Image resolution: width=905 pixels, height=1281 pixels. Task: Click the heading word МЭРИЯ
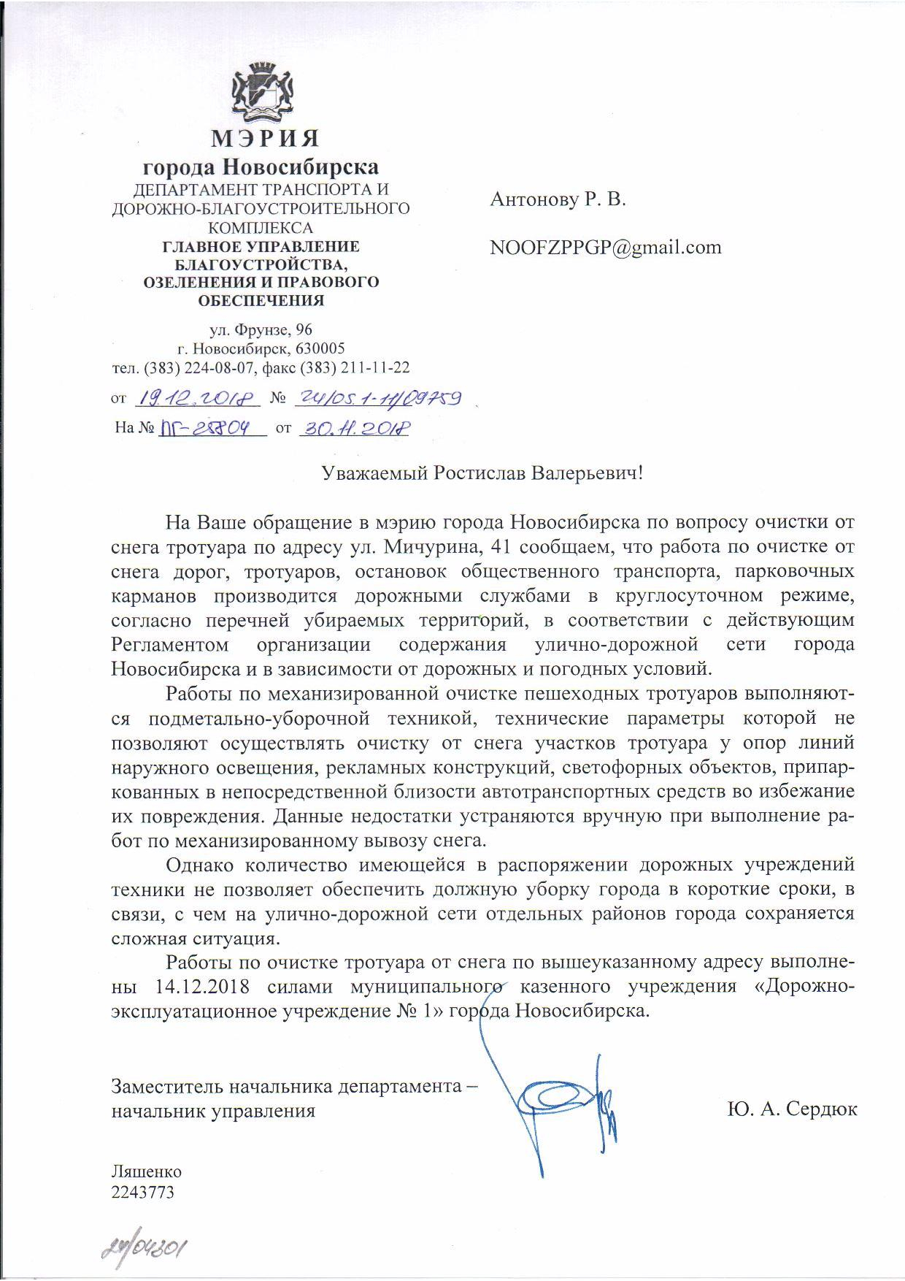(x=261, y=138)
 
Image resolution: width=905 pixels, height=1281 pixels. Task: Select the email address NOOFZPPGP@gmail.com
(x=606, y=247)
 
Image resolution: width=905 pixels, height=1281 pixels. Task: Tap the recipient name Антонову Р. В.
(x=558, y=199)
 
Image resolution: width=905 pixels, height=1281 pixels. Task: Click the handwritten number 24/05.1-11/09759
(x=376, y=398)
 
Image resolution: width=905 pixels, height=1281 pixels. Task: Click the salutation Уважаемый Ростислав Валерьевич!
(x=484, y=473)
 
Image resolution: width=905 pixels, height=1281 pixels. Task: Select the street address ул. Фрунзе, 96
(x=261, y=331)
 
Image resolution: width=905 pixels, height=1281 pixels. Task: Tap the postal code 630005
(x=320, y=348)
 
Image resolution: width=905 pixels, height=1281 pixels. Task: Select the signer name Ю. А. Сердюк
(x=792, y=1110)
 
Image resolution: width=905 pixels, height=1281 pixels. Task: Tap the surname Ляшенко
(x=146, y=1172)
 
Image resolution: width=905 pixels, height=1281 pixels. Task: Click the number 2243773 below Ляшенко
(x=143, y=1192)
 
